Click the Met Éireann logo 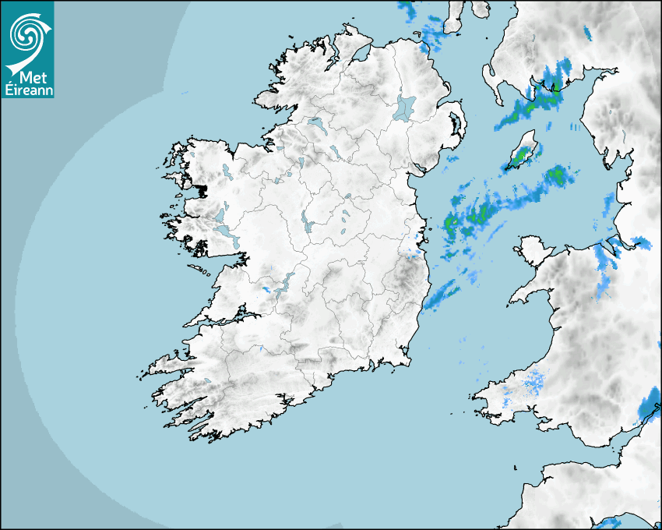tap(28, 50)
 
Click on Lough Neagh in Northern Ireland tap(405, 107)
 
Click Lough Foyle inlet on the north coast tap(359, 55)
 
